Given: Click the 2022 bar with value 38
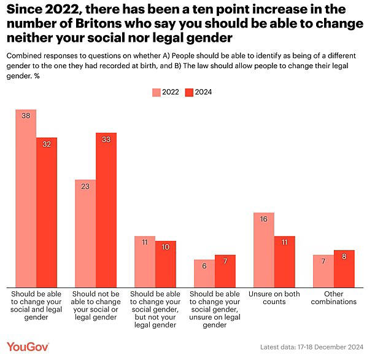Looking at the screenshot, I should [x=26, y=198].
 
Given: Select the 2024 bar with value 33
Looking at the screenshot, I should [x=106, y=209].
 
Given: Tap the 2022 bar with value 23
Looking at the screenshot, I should [x=85, y=233].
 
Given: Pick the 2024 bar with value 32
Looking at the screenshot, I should [x=47, y=212].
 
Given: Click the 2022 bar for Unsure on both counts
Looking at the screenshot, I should [x=264, y=249].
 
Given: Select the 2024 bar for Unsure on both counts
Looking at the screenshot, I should [x=284, y=261].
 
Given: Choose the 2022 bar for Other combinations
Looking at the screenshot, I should [x=323, y=271].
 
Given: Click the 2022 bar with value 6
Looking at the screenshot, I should [x=204, y=273].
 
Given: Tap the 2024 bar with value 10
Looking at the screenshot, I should [x=165, y=264].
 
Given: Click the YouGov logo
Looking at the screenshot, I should [x=28, y=347].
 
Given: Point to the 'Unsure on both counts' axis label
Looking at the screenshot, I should [x=274, y=298].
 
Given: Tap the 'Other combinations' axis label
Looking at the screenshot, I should [x=333, y=298].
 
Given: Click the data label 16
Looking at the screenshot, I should [x=264, y=219].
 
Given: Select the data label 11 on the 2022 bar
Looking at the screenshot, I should [x=145, y=242].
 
